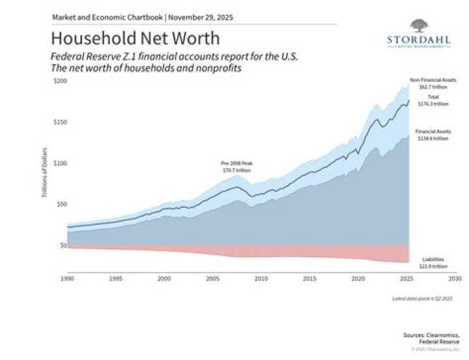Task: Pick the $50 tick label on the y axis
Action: pos(60,204)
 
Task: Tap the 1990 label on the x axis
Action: pos(68,278)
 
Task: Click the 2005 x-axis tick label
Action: pos(212,278)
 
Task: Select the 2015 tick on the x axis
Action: pos(309,278)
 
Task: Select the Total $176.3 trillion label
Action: pos(433,100)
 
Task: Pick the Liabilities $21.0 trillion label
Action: pos(432,263)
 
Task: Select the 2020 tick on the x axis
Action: pos(358,278)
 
